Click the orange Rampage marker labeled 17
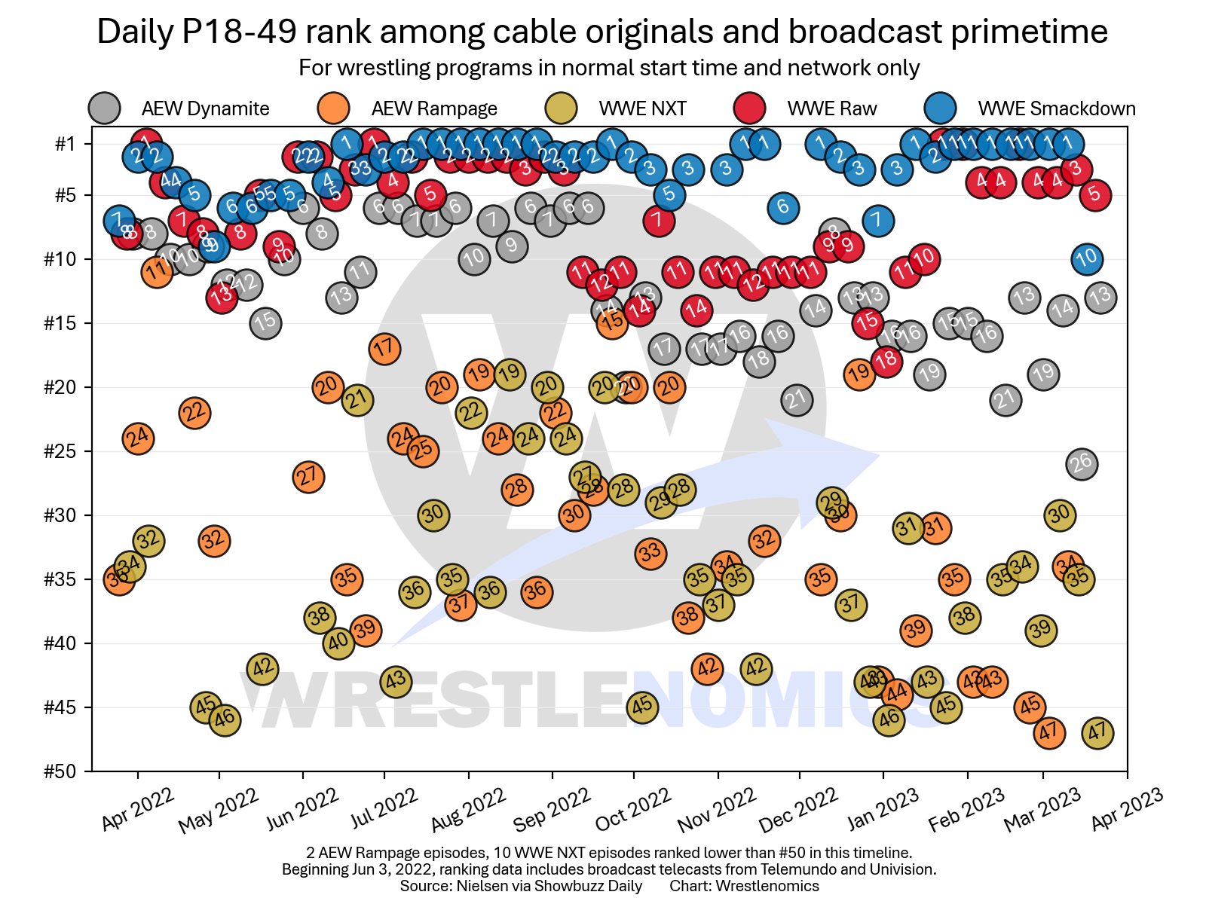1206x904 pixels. tap(384, 349)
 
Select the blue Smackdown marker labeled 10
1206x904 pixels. tap(1086, 259)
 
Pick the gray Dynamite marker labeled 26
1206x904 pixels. tap(1082, 463)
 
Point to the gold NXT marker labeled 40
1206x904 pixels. tap(338, 643)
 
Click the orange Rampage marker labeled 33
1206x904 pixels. tap(650, 553)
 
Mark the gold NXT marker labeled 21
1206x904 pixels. tap(358, 400)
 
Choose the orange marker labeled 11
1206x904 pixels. tap(157, 271)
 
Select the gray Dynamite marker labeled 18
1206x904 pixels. tap(759, 361)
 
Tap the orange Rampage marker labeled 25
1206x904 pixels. tap(423, 450)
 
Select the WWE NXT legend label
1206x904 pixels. tap(642, 108)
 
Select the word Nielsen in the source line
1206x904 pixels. tap(479, 886)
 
